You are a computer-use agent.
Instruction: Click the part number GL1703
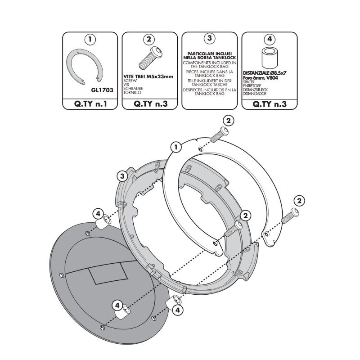click(x=102, y=90)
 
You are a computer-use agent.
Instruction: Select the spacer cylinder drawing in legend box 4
click(x=269, y=58)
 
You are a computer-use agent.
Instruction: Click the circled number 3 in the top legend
click(x=209, y=38)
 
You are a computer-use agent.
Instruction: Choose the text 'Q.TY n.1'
click(x=90, y=104)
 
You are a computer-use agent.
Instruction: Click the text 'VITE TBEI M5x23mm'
click(x=148, y=76)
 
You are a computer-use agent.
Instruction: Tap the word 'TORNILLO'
click(x=132, y=93)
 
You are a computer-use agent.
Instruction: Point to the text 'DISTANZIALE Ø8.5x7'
click(x=265, y=73)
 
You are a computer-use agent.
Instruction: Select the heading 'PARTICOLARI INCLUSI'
click(x=209, y=54)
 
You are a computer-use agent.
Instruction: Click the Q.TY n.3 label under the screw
click(x=151, y=104)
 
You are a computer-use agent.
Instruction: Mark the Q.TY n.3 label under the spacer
click(x=270, y=104)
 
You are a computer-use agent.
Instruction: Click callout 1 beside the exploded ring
click(x=176, y=147)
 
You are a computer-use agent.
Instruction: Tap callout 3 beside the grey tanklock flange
click(x=122, y=176)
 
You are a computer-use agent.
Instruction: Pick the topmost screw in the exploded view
click(x=220, y=134)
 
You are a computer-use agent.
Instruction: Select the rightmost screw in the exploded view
click(x=290, y=216)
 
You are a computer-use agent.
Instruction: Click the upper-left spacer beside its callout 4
click(x=103, y=222)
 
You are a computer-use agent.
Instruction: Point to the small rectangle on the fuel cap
click(x=108, y=274)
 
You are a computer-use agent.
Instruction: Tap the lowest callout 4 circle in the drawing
click(x=177, y=310)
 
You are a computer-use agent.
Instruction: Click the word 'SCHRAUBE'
click(x=133, y=89)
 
